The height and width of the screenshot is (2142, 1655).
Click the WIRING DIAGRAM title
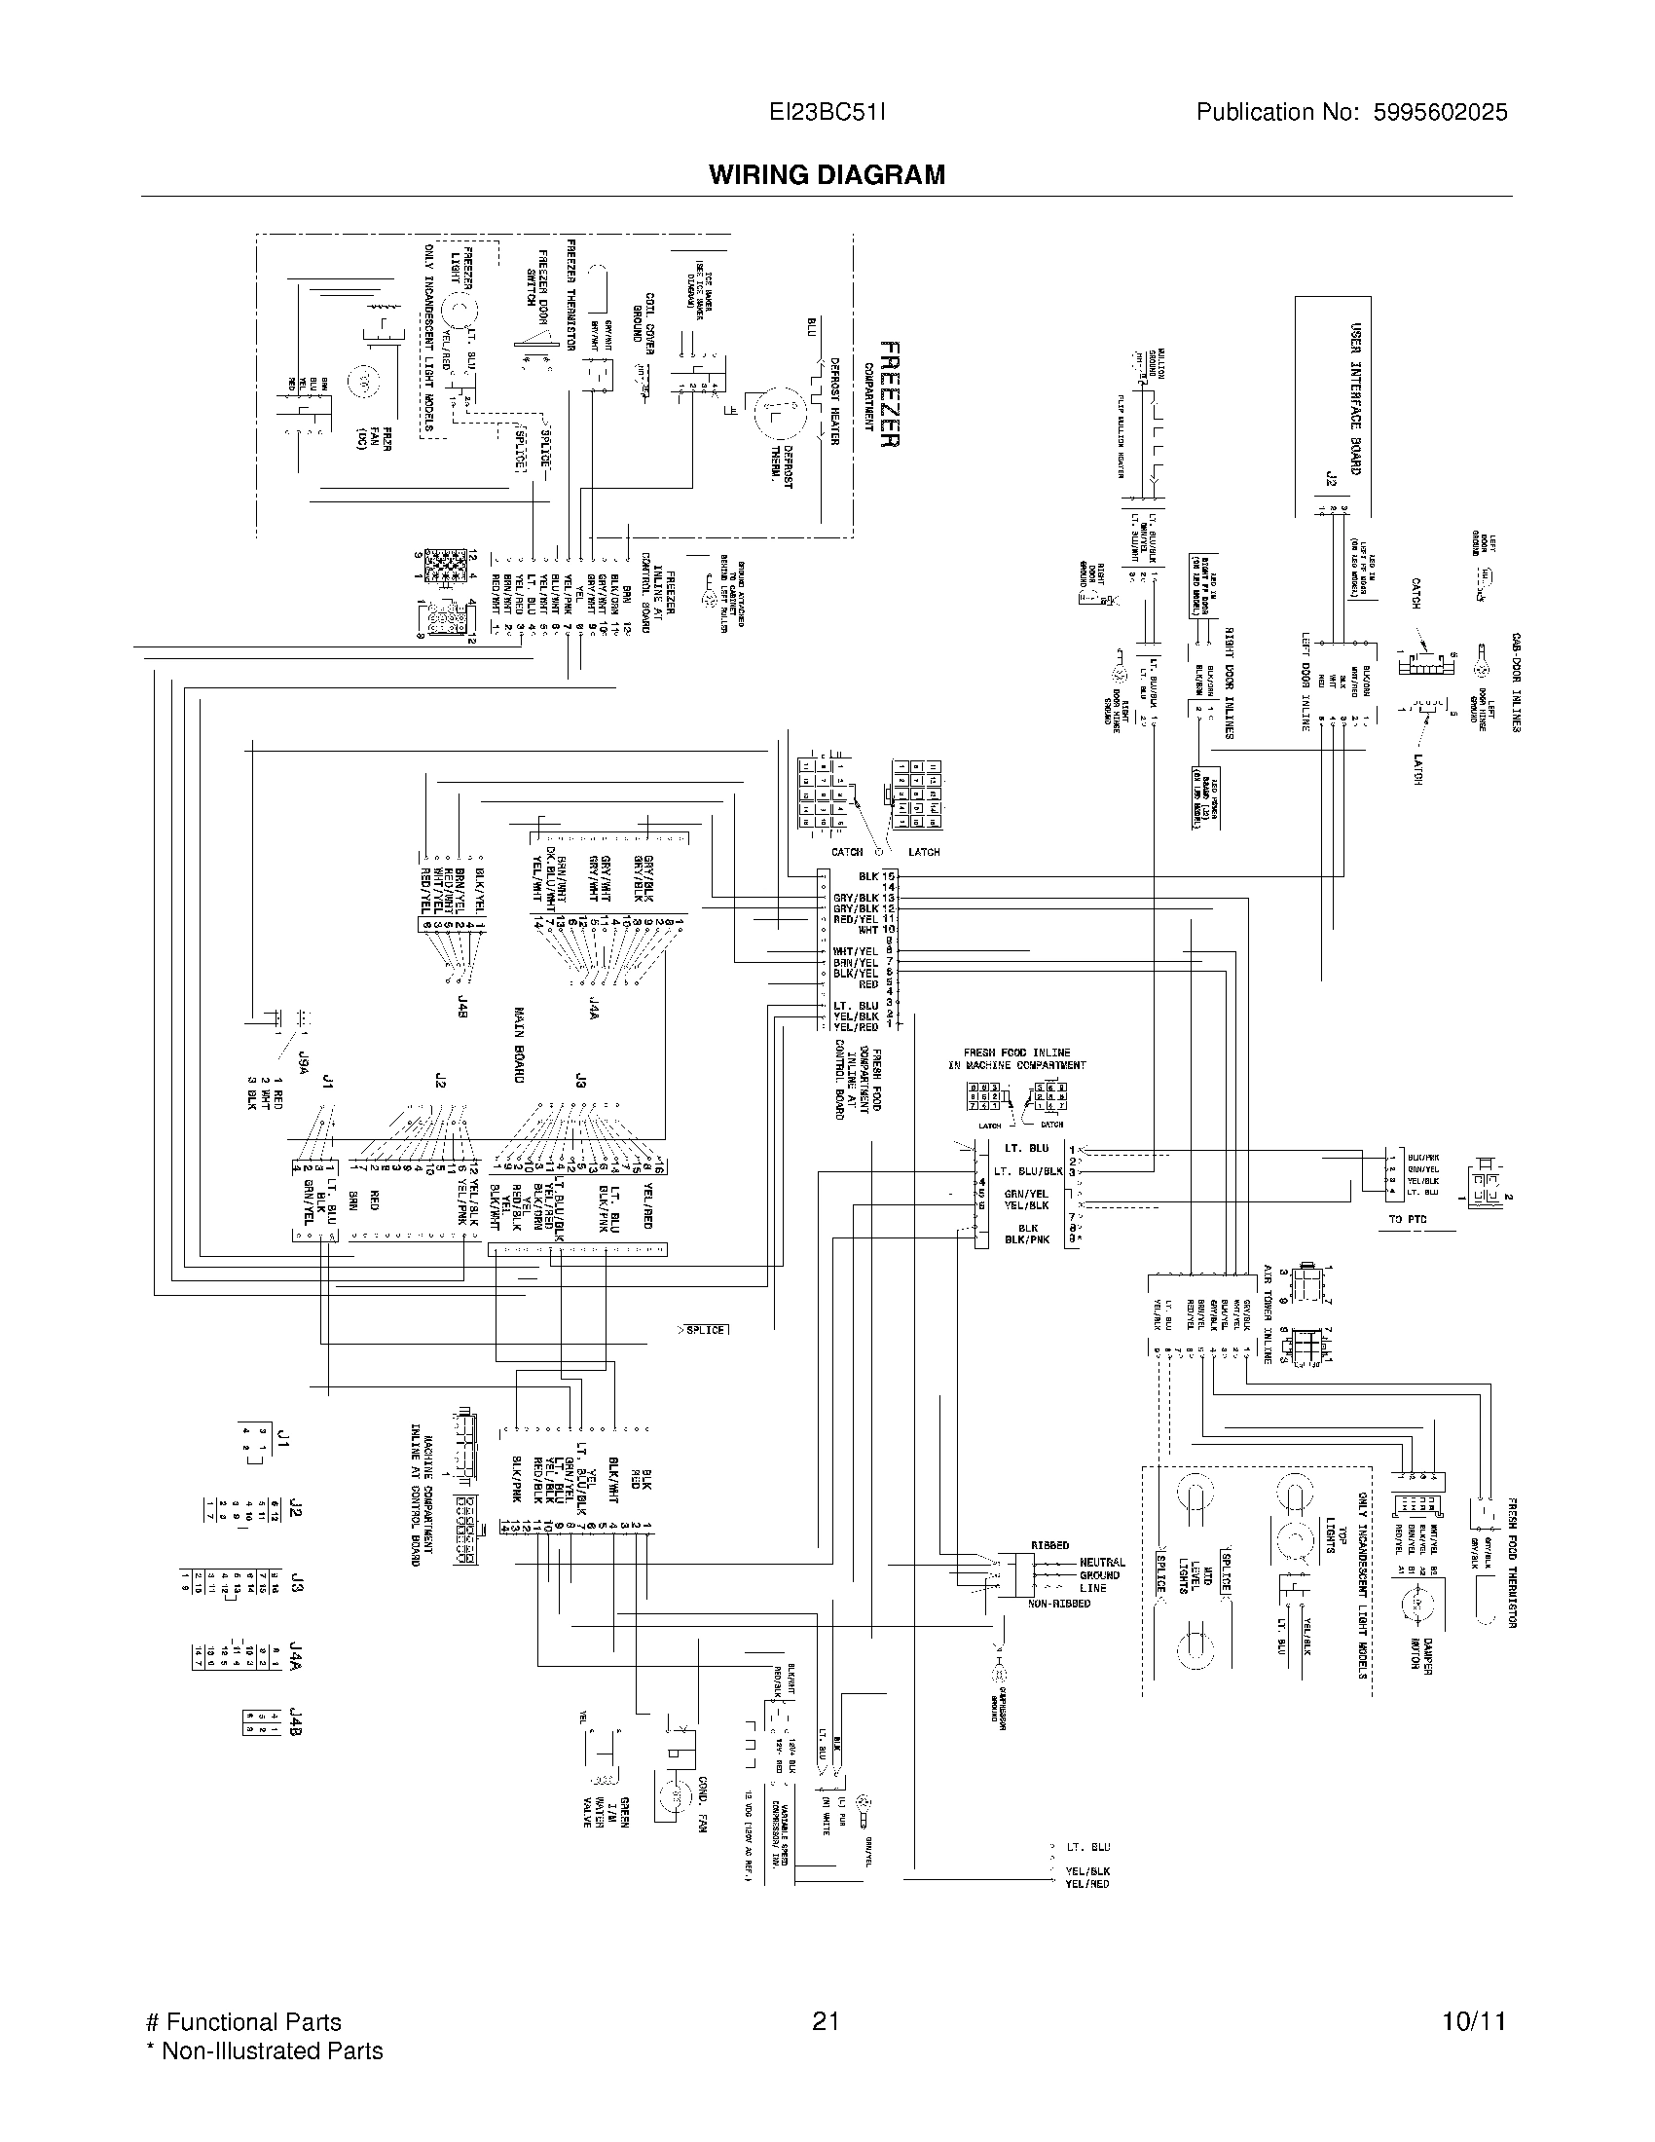pyautogui.click(x=827, y=174)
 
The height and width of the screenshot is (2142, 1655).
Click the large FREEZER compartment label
pyautogui.click(x=888, y=394)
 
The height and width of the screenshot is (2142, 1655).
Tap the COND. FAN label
pyautogui.click(x=702, y=1803)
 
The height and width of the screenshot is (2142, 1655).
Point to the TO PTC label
pyautogui.click(x=1407, y=1220)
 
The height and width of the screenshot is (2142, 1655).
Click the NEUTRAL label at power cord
pyautogui.click(x=1101, y=1563)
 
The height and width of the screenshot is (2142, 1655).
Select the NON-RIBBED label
pyautogui.click(x=1058, y=1603)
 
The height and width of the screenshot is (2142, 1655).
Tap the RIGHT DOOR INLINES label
pyautogui.click(x=1228, y=683)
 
